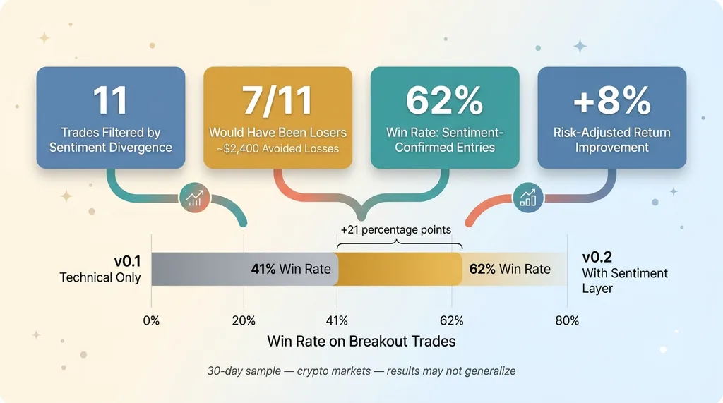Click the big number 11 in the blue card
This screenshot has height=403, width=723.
click(x=110, y=100)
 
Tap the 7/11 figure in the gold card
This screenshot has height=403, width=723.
click(x=277, y=100)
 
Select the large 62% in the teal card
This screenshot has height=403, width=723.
click(x=445, y=100)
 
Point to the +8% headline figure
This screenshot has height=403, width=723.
click(x=612, y=100)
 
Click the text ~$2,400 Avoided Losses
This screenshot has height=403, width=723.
click(x=277, y=149)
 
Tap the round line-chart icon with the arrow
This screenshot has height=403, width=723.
click(x=195, y=198)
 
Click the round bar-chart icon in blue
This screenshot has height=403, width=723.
click(x=528, y=198)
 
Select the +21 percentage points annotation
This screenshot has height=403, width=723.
click(x=396, y=229)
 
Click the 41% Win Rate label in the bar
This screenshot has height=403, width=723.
click(x=291, y=270)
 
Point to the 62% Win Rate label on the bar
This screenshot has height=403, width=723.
click(x=510, y=270)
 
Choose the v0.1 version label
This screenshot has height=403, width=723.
click(x=127, y=261)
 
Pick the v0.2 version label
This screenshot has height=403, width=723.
click(x=597, y=258)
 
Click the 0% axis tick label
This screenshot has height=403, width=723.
click(x=151, y=321)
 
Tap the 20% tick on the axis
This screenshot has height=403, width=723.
click(x=244, y=321)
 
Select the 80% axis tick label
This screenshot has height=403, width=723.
click(x=567, y=321)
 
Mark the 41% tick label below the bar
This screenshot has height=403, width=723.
click(x=337, y=321)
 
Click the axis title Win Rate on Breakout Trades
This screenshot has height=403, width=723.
click(x=361, y=341)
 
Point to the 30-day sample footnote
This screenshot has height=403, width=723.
click(x=361, y=371)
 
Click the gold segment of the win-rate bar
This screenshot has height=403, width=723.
click(x=400, y=270)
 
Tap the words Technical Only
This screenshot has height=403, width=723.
click(x=100, y=277)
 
